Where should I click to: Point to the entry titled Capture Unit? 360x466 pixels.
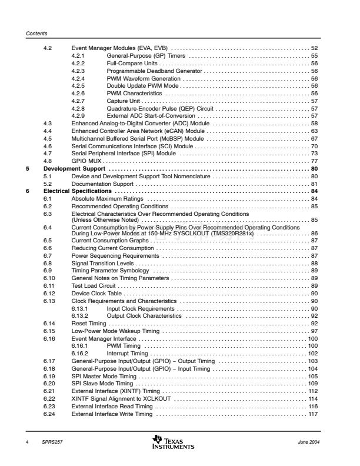click(125, 101)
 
